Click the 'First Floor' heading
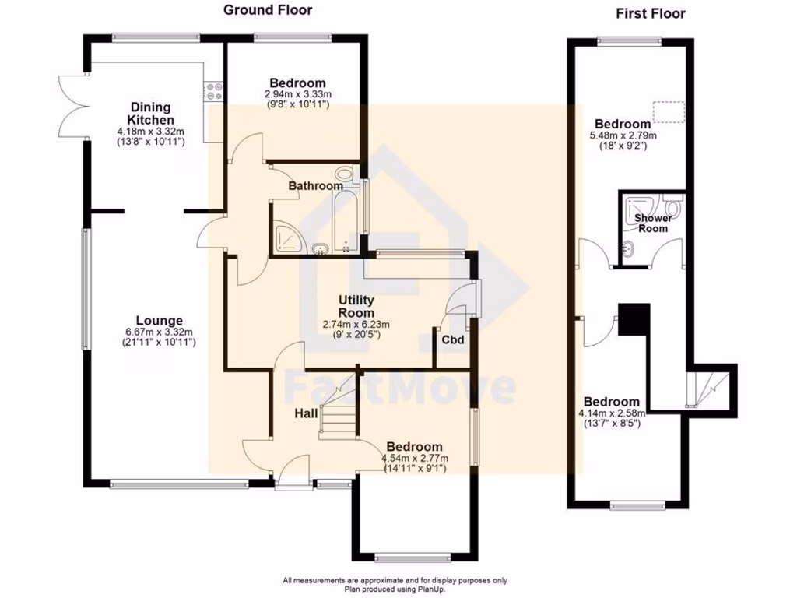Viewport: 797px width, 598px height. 651,13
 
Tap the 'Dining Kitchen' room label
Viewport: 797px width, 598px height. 150,114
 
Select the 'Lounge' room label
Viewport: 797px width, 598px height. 159,320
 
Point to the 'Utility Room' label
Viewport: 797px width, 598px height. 356,306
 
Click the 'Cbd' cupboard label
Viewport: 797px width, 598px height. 452,340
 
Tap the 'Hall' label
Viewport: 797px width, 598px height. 305,414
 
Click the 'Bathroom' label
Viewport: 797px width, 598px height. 315,186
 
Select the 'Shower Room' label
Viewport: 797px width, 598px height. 652,223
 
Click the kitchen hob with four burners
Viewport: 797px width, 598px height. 213,91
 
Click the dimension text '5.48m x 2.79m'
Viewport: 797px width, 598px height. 623,135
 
